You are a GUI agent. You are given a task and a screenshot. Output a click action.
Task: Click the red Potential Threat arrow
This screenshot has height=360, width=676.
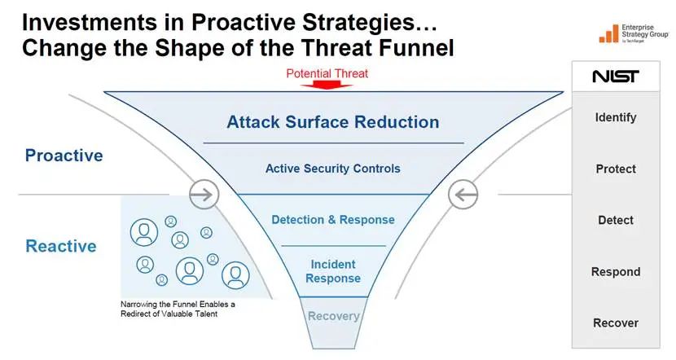327,85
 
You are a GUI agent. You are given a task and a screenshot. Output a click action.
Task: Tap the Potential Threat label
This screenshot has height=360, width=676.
327,74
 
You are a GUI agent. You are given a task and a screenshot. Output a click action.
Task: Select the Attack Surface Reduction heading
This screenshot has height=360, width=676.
333,122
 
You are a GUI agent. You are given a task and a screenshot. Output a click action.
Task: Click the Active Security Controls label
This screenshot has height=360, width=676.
333,169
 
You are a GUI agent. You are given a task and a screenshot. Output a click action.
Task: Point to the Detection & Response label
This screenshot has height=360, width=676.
333,220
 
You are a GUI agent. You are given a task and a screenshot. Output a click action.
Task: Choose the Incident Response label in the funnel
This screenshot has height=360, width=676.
333,271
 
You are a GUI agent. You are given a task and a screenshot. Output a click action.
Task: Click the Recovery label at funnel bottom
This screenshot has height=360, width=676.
333,316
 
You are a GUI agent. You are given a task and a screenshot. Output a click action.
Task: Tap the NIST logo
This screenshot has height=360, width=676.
615,77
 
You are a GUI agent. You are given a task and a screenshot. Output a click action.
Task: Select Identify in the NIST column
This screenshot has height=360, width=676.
616,117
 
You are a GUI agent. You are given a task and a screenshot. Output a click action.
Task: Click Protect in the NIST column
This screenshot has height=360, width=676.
616,169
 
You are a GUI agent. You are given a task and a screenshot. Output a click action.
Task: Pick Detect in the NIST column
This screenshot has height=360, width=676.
616,220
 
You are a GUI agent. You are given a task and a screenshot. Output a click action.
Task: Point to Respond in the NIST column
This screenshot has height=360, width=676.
616,272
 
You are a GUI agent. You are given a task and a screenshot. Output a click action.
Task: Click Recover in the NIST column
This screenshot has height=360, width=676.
616,323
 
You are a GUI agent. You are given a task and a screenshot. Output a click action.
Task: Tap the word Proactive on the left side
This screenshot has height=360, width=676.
64,156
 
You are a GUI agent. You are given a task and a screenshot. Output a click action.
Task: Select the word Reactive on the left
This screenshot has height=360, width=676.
61,246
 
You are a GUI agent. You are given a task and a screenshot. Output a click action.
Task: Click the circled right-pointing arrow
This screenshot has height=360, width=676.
204,195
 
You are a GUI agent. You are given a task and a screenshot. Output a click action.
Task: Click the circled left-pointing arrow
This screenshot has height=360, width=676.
463,195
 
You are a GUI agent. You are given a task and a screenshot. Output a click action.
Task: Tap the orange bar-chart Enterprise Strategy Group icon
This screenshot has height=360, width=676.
608,33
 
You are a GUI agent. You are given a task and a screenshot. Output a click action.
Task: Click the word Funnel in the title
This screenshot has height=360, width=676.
415,47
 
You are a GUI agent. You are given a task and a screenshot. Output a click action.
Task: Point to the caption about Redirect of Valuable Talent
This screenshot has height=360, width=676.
178,310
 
